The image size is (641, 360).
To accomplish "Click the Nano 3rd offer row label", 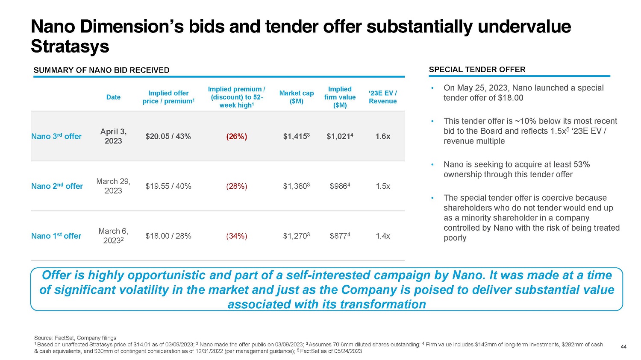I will point(56,136).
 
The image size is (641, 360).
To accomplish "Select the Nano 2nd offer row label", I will point(57,186).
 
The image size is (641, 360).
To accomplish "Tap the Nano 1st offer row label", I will point(56,236).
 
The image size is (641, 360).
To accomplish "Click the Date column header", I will point(113,97).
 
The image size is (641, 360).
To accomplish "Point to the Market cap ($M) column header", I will point(296,97).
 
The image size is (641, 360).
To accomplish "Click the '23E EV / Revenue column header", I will point(382,97).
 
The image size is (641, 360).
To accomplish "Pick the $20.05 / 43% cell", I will point(168,136).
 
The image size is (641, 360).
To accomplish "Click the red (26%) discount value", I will point(236,136).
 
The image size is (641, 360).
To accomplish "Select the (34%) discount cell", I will point(236,236).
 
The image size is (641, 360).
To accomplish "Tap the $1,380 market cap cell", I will point(296,186).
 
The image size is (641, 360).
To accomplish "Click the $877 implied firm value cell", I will point(340,236).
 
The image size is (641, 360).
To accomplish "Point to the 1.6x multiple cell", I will point(382,136).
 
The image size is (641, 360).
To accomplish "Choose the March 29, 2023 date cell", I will point(113,186).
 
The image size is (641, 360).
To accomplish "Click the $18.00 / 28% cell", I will point(168,236).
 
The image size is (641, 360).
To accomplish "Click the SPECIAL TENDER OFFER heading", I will point(477,70).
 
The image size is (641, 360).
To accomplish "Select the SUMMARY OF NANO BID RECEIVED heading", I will point(101,70).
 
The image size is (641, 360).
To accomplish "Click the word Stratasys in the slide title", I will point(70,46).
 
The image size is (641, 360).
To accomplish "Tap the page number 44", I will point(623,347).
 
